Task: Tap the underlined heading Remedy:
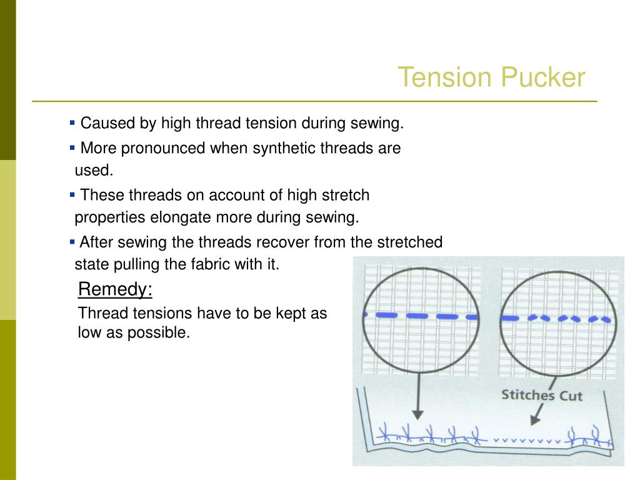[x=115, y=290]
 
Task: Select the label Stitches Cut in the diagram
[x=541, y=395]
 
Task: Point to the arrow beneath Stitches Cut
[x=536, y=413]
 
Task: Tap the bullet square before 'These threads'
[x=72, y=194]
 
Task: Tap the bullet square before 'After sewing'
[x=72, y=241]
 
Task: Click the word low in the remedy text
[x=87, y=333]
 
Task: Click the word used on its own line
[x=93, y=171]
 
